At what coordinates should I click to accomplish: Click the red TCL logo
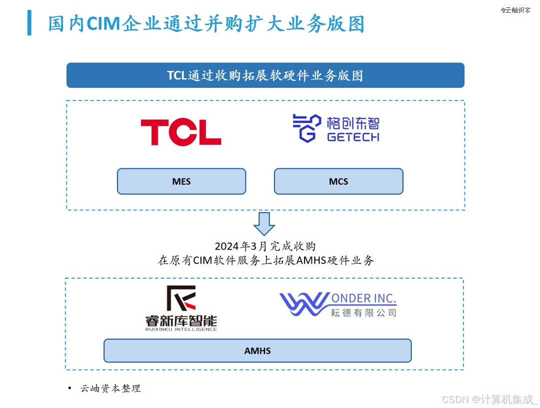(180, 132)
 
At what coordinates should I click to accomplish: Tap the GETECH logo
(335, 129)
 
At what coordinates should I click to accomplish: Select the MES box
(181, 181)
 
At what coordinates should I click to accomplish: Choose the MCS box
(338, 181)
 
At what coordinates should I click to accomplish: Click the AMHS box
(257, 351)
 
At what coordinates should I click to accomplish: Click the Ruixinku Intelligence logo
(181, 308)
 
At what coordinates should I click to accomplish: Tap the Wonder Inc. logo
(337, 304)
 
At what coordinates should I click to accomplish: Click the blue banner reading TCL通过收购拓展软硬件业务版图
(265, 75)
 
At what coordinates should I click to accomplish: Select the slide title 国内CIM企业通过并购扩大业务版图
(206, 24)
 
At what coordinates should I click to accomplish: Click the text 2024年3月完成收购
(265, 246)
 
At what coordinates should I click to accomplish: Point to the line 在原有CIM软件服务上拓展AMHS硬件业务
(265, 261)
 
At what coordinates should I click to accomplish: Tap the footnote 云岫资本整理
(110, 389)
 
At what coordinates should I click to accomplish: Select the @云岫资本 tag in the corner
(515, 10)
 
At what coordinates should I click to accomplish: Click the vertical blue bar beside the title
(29, 23)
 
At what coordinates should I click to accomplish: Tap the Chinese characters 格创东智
(353, 123)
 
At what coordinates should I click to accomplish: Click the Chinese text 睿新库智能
(181, 320)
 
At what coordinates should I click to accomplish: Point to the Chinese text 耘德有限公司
(363, 313)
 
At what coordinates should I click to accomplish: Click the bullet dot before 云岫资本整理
(69, 388)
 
